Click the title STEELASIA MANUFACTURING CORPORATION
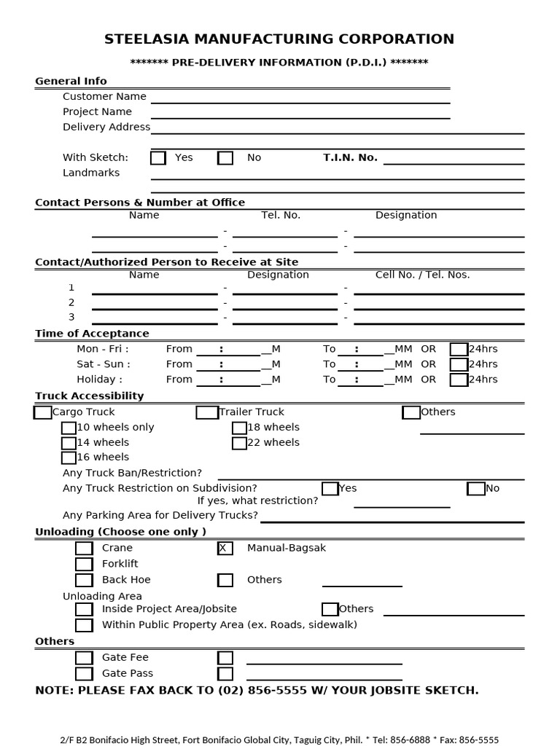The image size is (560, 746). (x=279, y=39)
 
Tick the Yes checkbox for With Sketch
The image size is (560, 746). (x=158, y=158)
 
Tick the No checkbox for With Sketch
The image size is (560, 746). (x=225, y=158)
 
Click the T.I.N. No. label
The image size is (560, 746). (x=350, y=157)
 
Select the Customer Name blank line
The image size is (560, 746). (x=300, y=98)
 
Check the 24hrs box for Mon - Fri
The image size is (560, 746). (x=459, y=349)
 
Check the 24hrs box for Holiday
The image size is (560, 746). (x=459, y=380)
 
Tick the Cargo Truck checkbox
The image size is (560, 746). (x=43, y=412)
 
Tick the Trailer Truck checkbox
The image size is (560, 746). (x=207, y=412)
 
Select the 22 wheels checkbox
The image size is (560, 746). (x=239, y=443)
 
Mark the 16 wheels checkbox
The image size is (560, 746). (x=69, y=458)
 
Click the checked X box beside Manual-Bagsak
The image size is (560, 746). (x=225, y=548)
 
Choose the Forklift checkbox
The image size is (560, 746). (x=84, y=564)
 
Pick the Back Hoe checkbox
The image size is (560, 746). (x=84, y=580)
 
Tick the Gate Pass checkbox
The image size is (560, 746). (x=84, y=674)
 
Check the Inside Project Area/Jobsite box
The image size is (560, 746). (x=84, y=609)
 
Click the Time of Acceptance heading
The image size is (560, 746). (x=92, y=334)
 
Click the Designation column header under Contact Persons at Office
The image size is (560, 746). (x=406, y=215)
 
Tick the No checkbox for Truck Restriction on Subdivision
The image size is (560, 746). (x=476, y=488)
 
